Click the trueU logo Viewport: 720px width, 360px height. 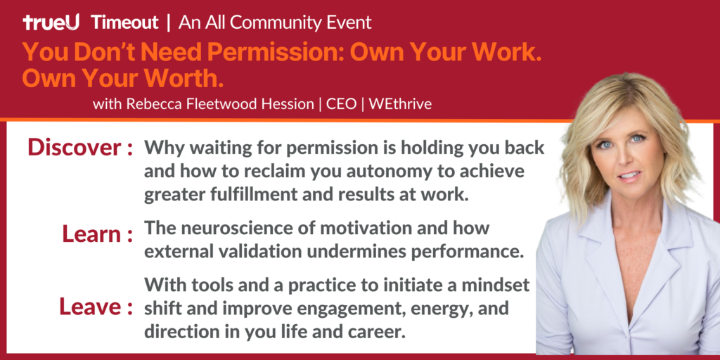(x=51, y=22)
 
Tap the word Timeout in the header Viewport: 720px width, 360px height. (x=124, y=22)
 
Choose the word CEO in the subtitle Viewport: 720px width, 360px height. (x=341, y=104)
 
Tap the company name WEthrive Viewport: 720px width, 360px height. (x=400, y=104)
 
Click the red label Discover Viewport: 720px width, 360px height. (x=74, y=148)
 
